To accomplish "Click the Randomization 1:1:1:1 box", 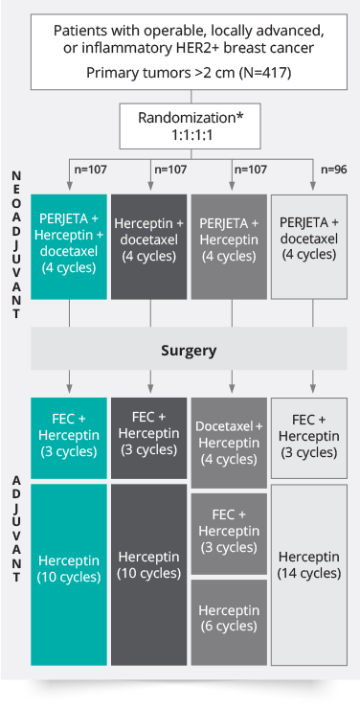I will [190, 125].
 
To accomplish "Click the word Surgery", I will [190, 351].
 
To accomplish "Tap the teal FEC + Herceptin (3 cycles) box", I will [68, 438].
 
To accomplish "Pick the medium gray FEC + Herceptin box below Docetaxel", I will [230, 533].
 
